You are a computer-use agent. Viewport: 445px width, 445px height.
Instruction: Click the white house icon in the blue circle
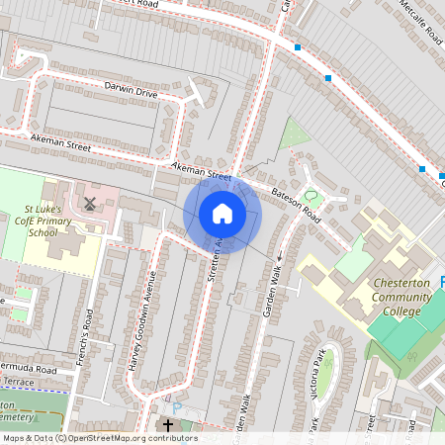222,214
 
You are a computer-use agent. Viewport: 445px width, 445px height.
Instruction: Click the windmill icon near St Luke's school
90,204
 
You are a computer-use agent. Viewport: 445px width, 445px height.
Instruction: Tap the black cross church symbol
168,425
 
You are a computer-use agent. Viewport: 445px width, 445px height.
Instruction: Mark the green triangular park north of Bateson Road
294,134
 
